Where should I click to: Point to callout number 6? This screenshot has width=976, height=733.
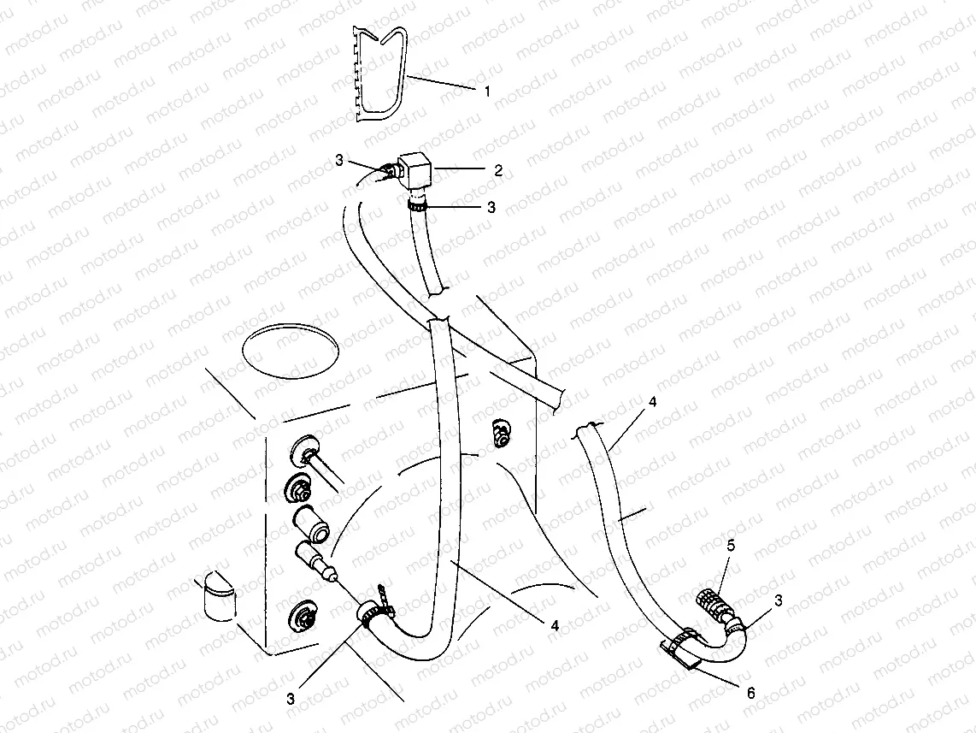point(751,692)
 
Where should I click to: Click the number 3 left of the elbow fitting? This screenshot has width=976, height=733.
point(339,159)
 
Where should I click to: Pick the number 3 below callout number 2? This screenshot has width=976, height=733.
point(490,207)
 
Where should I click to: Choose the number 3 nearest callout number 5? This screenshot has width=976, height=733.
point(778,601)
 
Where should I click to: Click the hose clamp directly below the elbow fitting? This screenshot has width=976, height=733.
point(417,205)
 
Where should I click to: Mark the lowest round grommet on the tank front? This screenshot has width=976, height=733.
point(303,612)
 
